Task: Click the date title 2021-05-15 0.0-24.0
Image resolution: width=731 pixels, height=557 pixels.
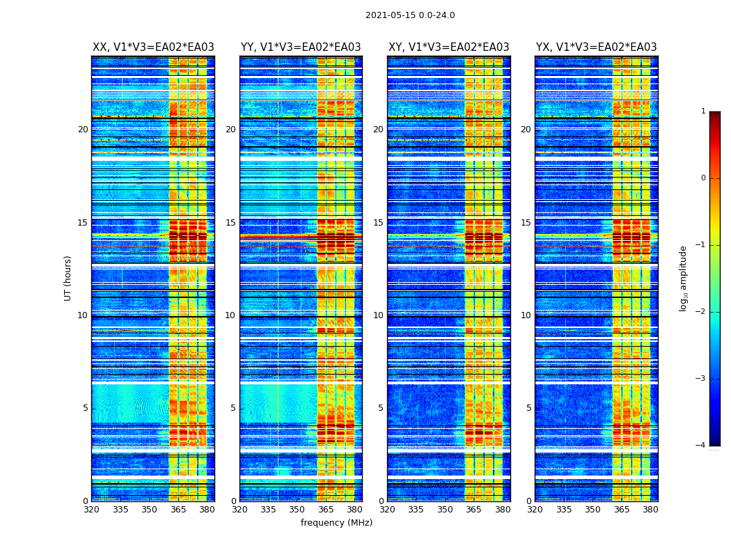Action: coord(410,15)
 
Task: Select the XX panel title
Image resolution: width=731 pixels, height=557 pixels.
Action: coord(153,47)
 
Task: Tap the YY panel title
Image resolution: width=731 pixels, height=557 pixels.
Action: coord(301,47)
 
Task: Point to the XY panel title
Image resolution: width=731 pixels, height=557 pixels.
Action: coord(448,47)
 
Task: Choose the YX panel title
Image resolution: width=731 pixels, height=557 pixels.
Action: coord(596,47)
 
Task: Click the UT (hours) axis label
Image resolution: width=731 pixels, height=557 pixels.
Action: coord(68,278)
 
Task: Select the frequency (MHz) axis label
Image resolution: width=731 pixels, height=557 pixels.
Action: coord(336,523)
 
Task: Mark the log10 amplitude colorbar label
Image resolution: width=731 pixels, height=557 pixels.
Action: coord(684,278)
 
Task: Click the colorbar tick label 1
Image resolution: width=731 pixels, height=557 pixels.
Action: coord(702,111)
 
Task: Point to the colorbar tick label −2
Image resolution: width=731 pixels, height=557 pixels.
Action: coord(700,312)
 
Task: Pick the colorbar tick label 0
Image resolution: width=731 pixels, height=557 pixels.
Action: coord(702,178)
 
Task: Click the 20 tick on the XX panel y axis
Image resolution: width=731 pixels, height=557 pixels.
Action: coord(83,130)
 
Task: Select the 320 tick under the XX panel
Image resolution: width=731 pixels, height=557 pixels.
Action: coord(91,510)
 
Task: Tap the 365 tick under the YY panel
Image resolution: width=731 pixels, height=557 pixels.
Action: coord(326,510)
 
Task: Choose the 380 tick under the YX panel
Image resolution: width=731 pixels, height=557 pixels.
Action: coord(650,510)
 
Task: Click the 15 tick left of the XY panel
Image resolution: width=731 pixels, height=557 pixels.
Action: coord(378,223)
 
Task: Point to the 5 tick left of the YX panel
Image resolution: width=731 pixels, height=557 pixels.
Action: coord(528,408)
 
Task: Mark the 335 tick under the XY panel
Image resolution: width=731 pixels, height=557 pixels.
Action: coord(416,510)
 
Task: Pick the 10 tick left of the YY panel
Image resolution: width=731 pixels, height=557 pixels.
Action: coord(230,315)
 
